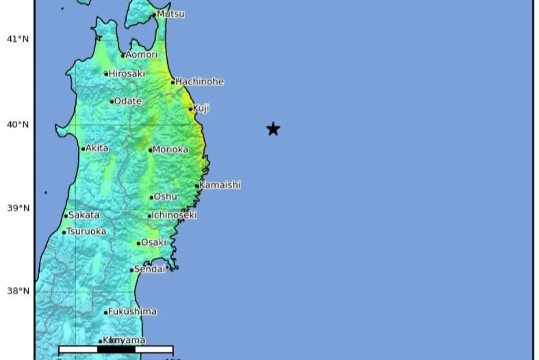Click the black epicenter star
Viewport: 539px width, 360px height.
[273, 129]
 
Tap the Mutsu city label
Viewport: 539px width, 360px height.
[171, 14]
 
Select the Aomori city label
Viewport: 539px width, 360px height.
[141, 55]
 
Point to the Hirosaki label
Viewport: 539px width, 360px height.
[127, 74]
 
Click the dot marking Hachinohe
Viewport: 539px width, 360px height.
[173, 82]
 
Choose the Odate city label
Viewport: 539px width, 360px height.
[128, 101]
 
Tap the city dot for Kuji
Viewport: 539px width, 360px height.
[190, 109]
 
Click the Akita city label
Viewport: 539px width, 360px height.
[97, 148]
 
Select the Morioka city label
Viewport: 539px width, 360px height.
[170, 150]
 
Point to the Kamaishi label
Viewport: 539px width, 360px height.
[220, 185]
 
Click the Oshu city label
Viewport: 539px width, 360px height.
[166, 196]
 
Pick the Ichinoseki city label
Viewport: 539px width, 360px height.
[174, 215]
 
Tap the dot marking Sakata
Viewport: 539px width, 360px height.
[66, 216]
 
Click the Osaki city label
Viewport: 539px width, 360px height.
[154, 243]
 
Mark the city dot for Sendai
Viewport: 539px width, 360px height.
[132, 270]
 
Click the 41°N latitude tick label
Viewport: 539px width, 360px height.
[18, 39]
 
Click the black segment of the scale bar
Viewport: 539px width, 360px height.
[116, 349]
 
